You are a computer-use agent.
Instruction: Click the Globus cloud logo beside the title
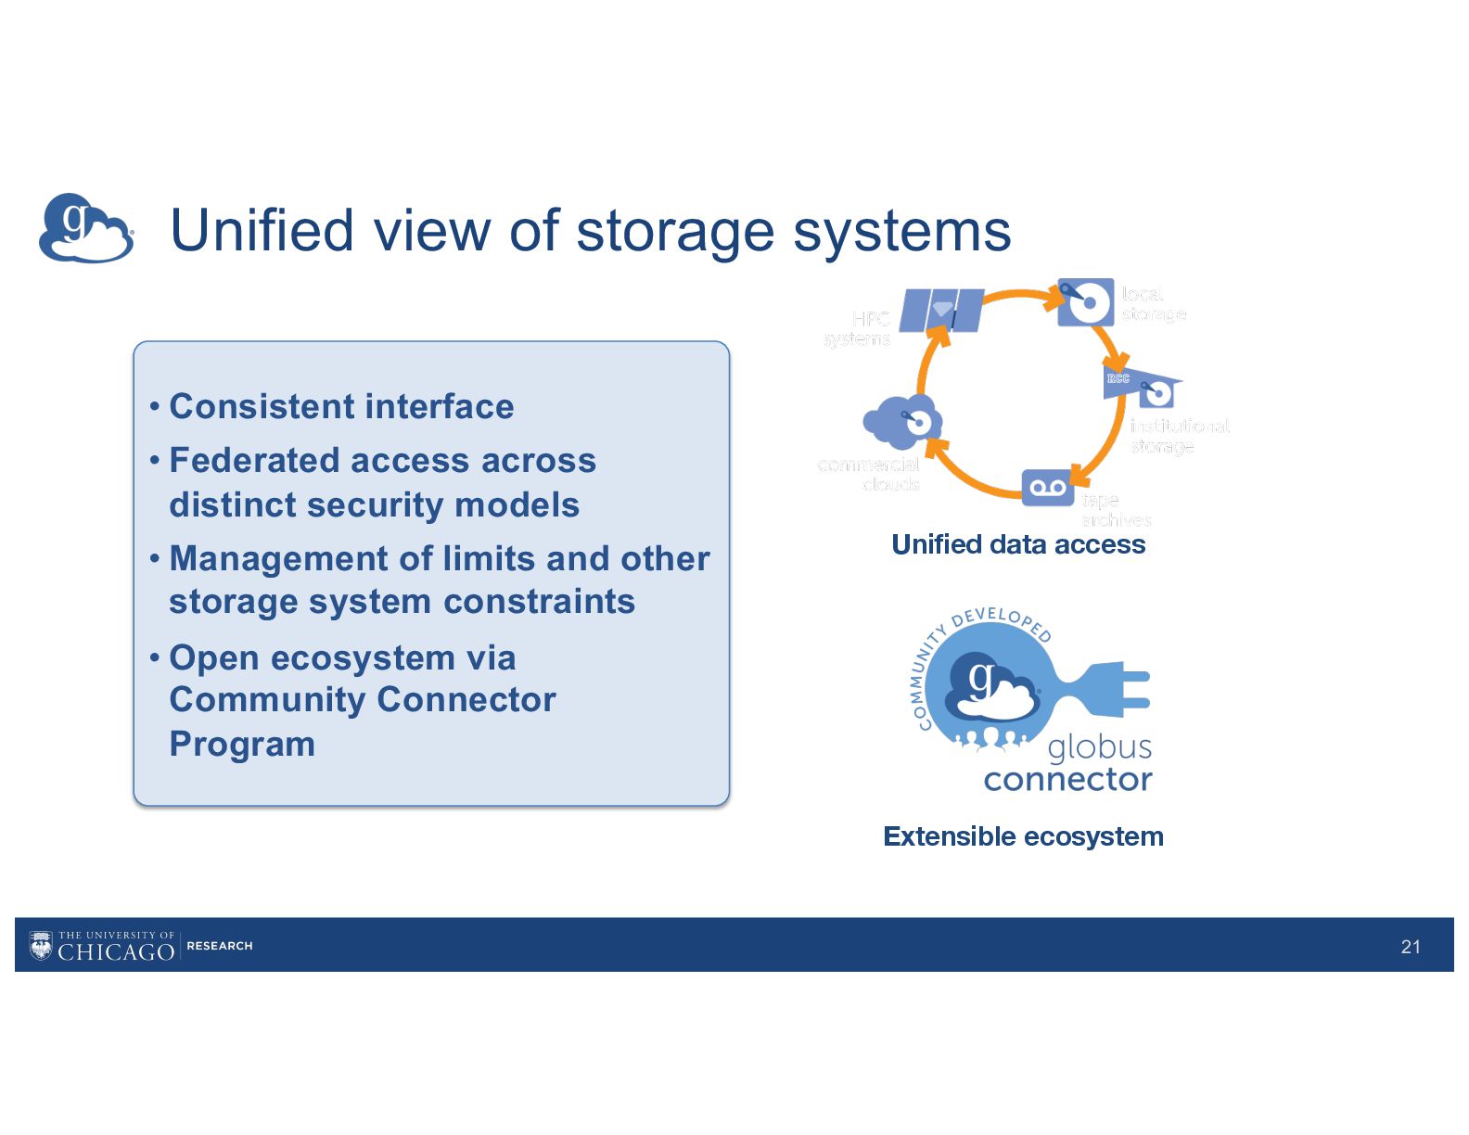tap(85, 228)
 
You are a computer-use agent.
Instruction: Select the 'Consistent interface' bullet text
tap(341, 406)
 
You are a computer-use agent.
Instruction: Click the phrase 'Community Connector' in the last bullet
tap(363, 699)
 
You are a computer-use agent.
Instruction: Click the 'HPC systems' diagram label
tap(858, 329)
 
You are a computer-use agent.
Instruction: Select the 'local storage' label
tap(1153, 304)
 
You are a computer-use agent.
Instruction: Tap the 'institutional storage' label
tap(1179, 436)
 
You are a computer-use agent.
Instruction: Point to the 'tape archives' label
tap(1115, 510)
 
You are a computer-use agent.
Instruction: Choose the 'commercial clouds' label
tap(869, 473)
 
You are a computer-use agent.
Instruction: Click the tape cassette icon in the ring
tap(1047, 488)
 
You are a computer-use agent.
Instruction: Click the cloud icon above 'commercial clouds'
tap(902, 422)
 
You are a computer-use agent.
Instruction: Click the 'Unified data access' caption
tap(1018, 544)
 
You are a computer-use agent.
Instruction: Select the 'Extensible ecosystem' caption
tap(1023, 836)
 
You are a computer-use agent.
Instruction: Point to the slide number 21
tap(1411, 946)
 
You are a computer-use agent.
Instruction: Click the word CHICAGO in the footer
tap(116, 952)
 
